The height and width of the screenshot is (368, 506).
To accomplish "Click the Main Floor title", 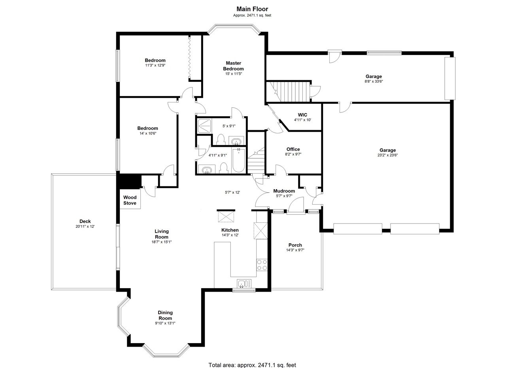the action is pos(252,9).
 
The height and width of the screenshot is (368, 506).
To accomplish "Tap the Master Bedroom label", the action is pos(233,66).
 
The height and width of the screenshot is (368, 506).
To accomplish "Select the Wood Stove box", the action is pos(130,199).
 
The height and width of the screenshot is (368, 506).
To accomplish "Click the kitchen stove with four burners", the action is pos(262,265).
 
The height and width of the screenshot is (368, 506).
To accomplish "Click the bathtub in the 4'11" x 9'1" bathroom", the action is pos(238,160).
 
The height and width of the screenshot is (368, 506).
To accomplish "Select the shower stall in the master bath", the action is pos(204,126).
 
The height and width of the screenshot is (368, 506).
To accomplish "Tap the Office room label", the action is pos(293,149).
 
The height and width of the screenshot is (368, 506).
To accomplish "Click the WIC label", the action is pos(302,115).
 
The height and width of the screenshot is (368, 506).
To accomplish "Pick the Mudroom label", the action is pos(284,191).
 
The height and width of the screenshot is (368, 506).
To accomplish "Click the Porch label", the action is pos(295,245).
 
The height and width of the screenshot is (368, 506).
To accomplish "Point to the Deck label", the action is pos(85,221).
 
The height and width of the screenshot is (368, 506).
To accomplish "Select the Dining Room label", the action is pos(165,315).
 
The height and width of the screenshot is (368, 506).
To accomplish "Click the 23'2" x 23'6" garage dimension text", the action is pos(387,155).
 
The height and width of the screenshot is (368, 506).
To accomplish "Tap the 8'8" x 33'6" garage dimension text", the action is pos(374,82).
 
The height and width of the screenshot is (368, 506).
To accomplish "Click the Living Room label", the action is pos(162,234).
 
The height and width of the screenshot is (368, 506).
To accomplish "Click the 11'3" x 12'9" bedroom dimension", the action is pos(155,65).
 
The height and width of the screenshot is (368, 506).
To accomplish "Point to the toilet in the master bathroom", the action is pos(221,140).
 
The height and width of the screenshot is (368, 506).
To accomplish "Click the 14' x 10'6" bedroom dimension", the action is pos(148,133).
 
